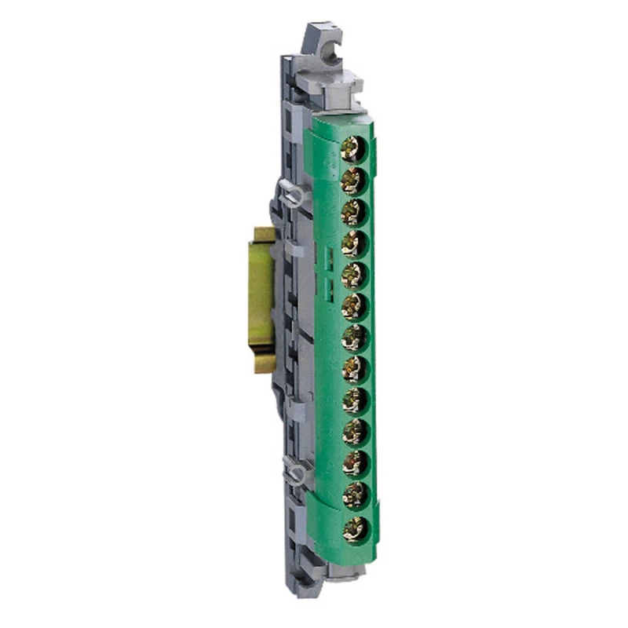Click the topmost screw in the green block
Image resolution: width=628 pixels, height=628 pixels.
tap(355, 147)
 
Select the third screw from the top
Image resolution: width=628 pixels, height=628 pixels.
tap(353, 210)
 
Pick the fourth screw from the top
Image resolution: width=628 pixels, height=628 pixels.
tap(354, 242)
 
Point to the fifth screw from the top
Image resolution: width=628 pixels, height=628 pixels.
tap(354, 274)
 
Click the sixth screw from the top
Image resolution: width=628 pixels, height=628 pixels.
tap(354, 305)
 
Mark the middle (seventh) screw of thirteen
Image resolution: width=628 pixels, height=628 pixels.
tap(354, 337)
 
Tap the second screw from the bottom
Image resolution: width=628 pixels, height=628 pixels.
tap(355, 495)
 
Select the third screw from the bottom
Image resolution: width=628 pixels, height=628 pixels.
tap(355, 463)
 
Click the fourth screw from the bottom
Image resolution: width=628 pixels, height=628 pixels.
tap(355, 432)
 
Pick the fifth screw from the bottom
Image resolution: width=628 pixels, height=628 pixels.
tap(355, 400)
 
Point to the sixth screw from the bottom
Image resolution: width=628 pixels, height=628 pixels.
tap(355, 368)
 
